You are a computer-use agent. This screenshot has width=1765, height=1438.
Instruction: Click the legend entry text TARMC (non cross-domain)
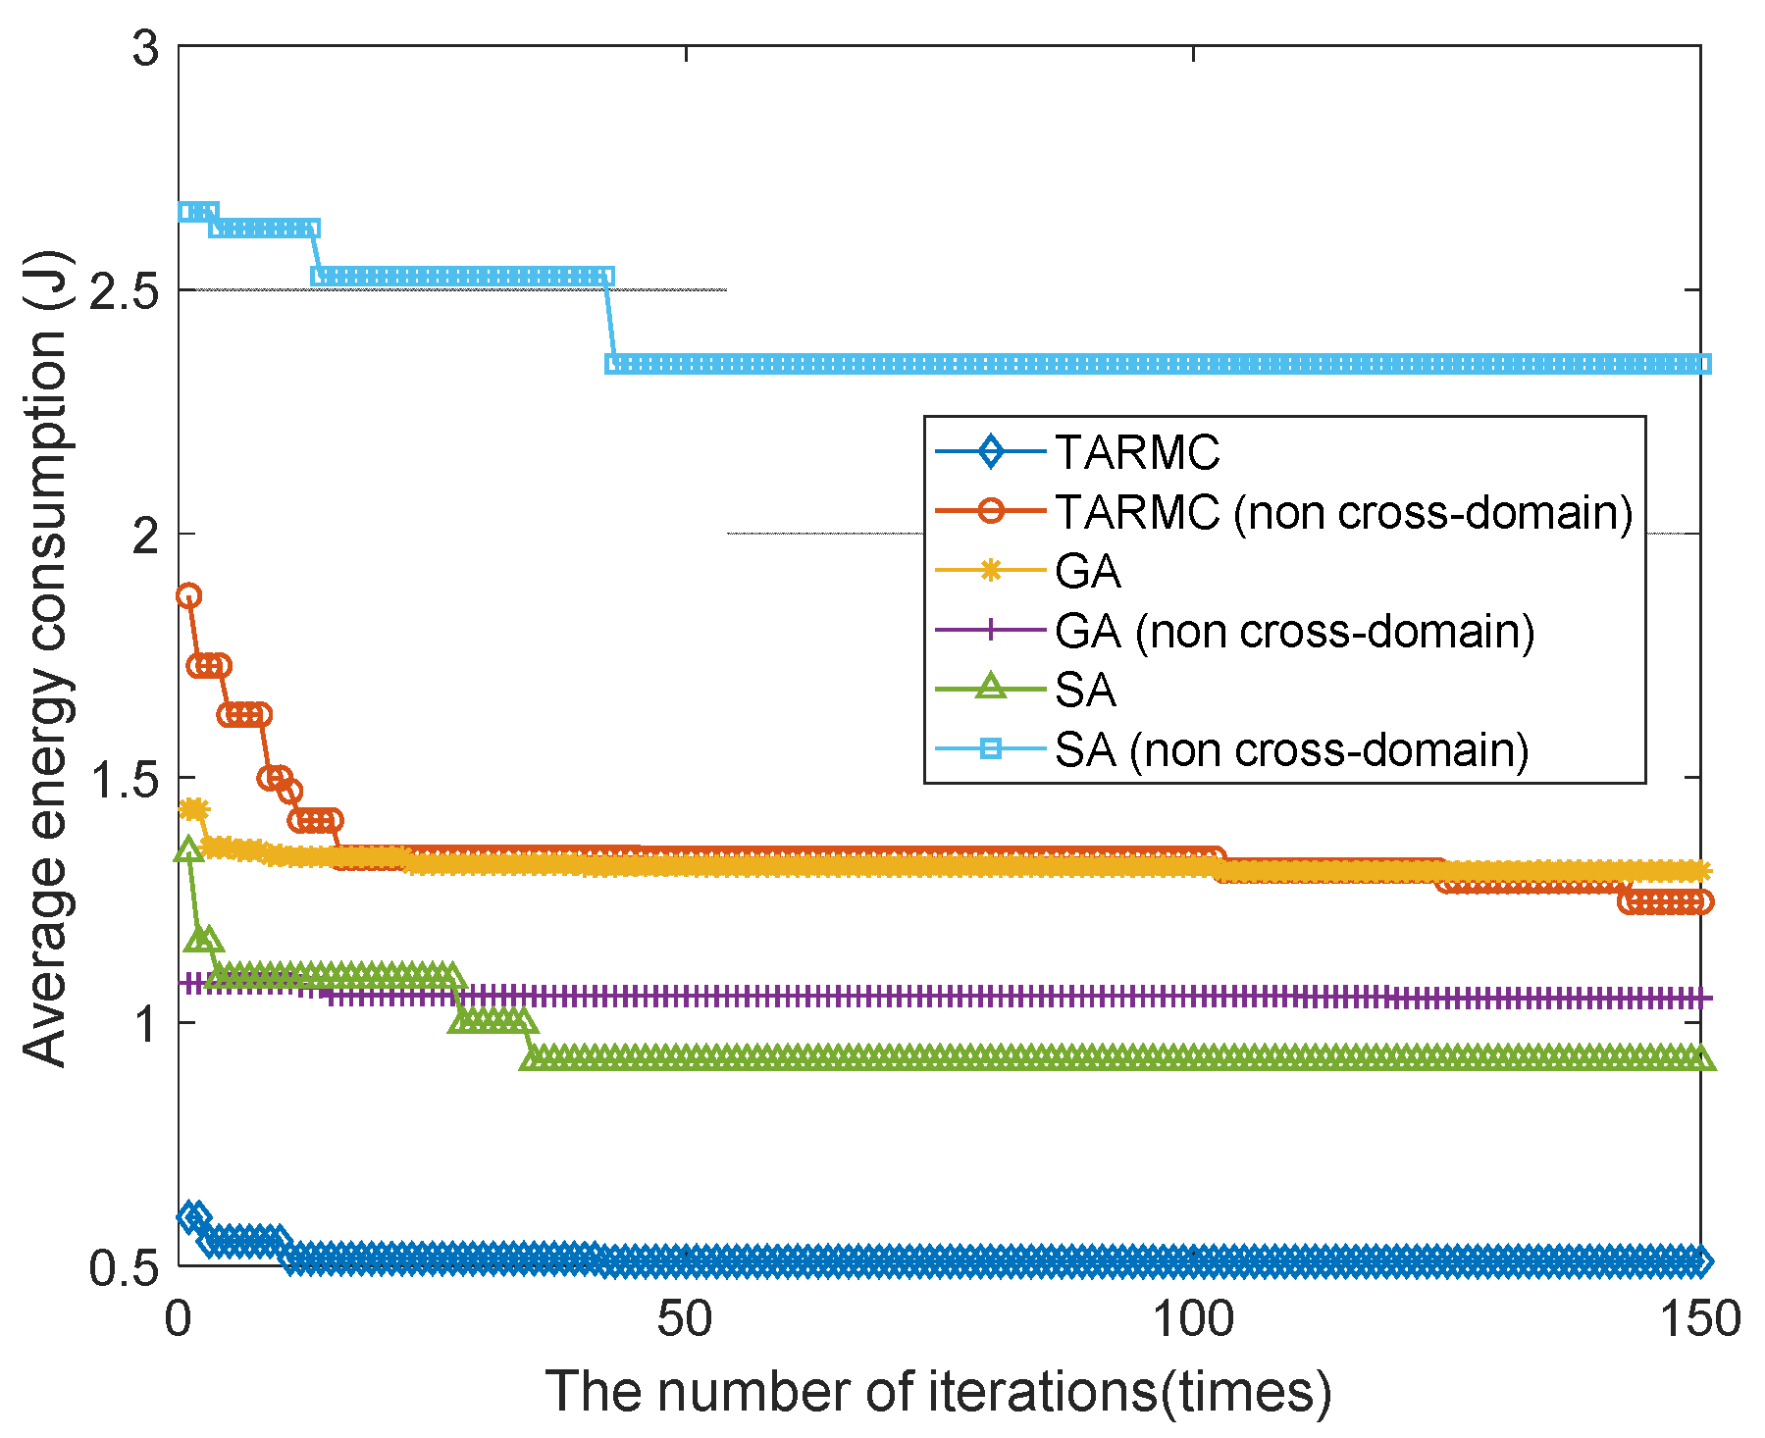click(x=1343, y=512)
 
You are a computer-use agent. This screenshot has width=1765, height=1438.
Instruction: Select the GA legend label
click(x=1087, y=572)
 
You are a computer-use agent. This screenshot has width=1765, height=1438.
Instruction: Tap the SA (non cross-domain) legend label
click(x=1291, y=750)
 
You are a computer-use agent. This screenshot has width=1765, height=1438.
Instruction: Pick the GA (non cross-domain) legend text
click(x=1294, y=632)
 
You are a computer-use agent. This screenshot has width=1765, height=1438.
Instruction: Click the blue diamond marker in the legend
click(x=991, y=452)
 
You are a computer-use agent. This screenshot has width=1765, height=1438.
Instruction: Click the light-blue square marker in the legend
click(x=991, y=749)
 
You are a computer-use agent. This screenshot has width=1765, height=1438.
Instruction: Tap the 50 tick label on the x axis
click(x=684, y=1320)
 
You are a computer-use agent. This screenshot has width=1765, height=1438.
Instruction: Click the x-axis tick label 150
click(x=1698, y=1320)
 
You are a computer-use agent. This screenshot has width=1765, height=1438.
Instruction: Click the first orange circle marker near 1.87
click(x=188, y=595)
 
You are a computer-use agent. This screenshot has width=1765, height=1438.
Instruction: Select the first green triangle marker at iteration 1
click(x=188, y=850)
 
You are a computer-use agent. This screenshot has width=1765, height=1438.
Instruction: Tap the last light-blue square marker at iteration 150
click(x=1701, y=364)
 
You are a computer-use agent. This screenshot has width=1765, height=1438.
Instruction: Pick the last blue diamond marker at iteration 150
click(x=1700, y=1261)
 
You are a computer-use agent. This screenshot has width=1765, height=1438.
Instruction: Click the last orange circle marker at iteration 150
click(x=1700, y=901)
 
